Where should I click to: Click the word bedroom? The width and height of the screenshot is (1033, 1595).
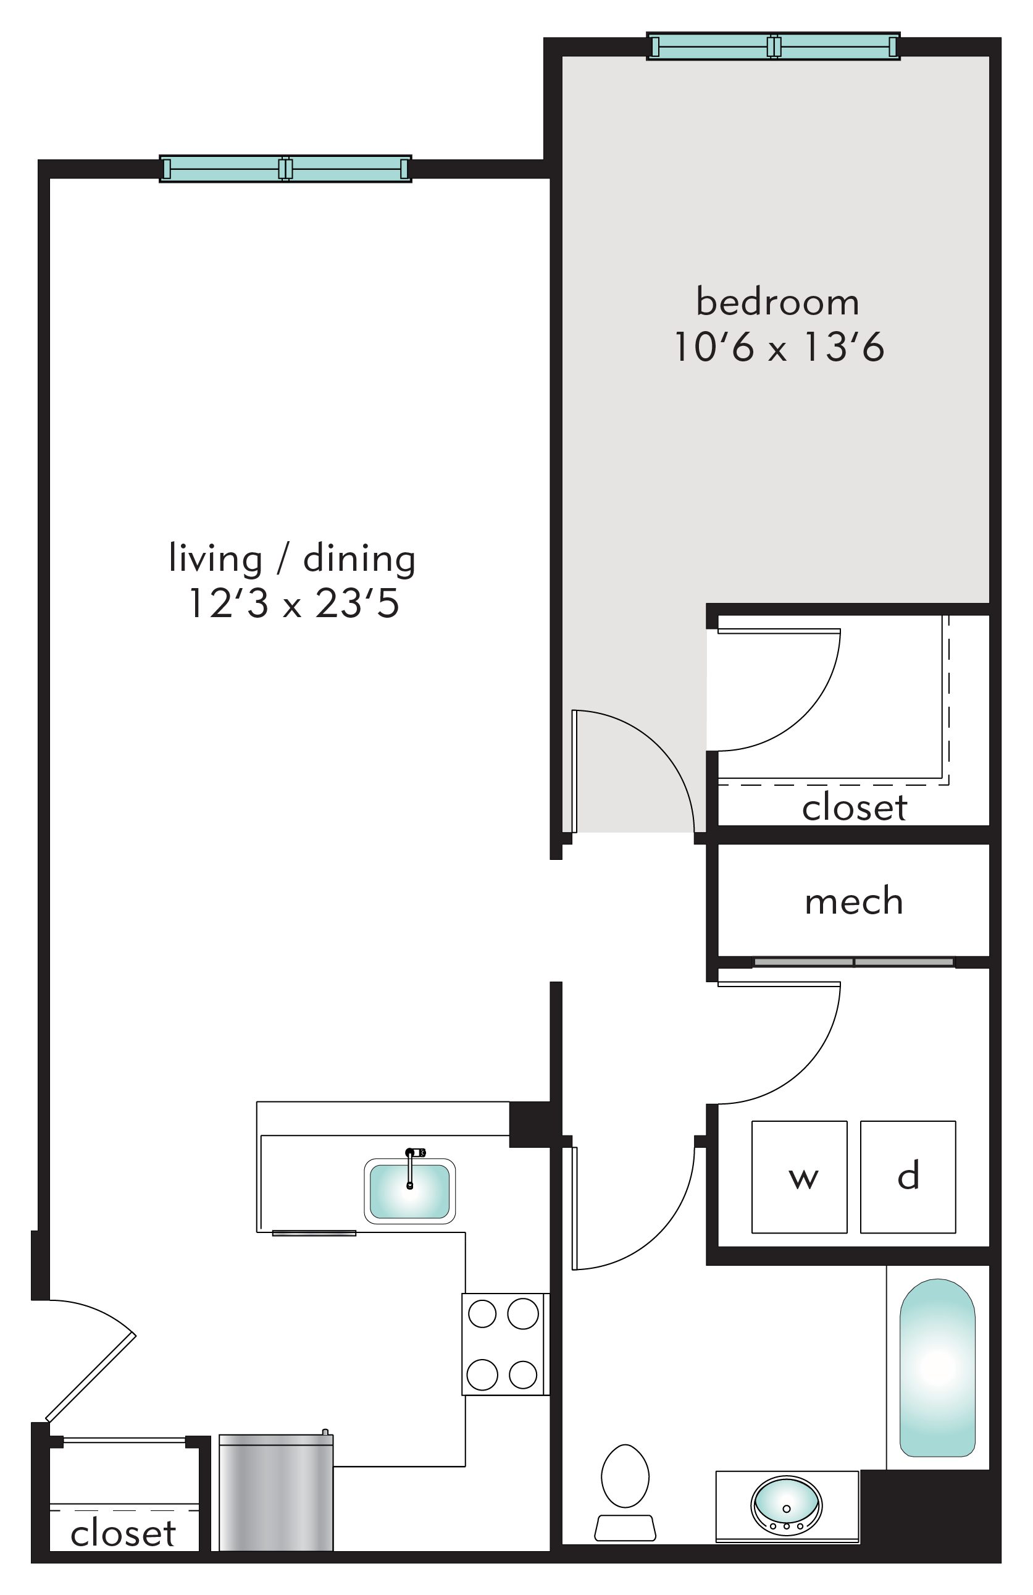[x=777, y=302]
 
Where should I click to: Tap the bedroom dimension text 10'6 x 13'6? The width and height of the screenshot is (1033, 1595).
[x=779, y=347]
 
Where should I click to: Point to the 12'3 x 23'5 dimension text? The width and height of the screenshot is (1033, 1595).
[x=294, y=603]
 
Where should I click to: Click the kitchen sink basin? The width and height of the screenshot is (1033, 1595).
[x=409, y=1192]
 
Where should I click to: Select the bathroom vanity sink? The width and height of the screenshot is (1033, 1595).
[x=787, y=1505]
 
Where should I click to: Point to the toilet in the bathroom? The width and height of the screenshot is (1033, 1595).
[x=625, y=1491]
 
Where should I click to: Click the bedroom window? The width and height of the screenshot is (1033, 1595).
[x=774, y=46]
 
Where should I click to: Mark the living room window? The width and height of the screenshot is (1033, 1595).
[x=285, y=169]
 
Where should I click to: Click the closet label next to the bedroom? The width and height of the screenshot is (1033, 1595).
[x=854, y=807]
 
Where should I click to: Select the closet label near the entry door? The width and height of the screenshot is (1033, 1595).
[x=123, y=1533]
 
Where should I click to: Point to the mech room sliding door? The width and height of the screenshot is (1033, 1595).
[x=854, y=962]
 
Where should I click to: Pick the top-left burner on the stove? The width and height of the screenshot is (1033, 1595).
[x=482, y=1313]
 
